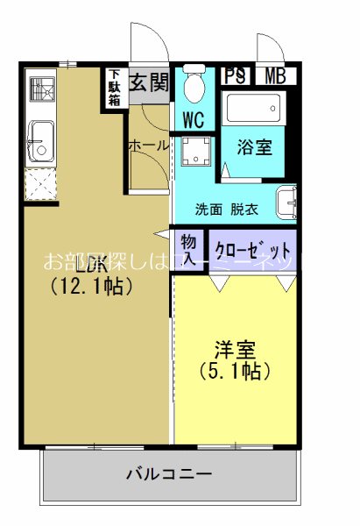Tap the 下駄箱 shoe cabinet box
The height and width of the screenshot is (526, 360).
tap(115, 88)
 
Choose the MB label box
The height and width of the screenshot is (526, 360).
tap(275, 75)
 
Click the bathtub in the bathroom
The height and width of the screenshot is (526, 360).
tap(255, 110)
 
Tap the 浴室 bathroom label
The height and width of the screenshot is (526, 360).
tap(254, 146)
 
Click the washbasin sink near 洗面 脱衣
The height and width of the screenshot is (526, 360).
tap(286, 204)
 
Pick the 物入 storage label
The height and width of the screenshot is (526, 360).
tap(188, 248)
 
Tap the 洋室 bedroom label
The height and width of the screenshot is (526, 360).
tap(235, 349)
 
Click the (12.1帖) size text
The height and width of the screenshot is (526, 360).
tap(91, 286)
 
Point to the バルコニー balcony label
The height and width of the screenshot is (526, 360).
tap(169, 475)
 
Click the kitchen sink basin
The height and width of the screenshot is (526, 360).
tap(39, 139)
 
